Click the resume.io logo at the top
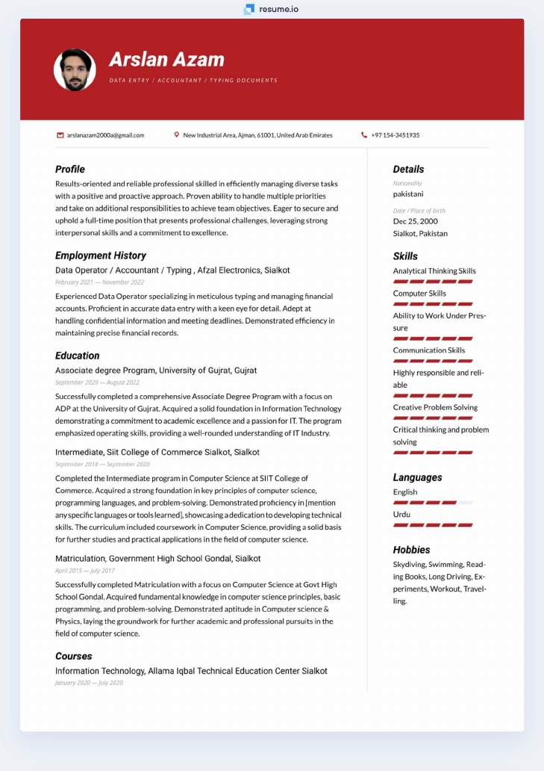271,9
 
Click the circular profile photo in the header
75,70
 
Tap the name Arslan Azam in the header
166,60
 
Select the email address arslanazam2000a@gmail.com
105,135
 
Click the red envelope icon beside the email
60,135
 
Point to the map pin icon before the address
177,135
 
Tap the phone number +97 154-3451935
395,135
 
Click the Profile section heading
70,169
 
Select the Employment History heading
100,256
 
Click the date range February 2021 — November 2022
99,282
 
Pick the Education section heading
77,356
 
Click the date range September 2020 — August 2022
97,383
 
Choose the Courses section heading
74,656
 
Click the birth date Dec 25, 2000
416,221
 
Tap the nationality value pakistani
408,194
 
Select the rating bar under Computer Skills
433,304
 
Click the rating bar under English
433,503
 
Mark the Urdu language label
401,515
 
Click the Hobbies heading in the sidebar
411,550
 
